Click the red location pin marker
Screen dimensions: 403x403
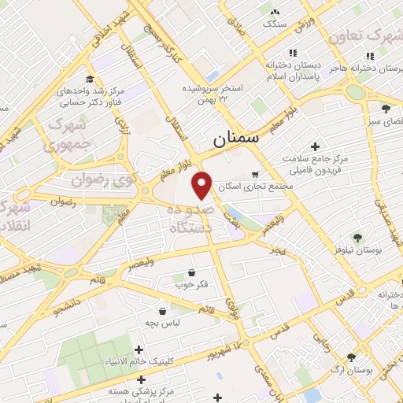[x=203, y=184]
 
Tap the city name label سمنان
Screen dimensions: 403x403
[x=235, y=140]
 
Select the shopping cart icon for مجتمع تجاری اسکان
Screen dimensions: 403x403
[x=254, y=175]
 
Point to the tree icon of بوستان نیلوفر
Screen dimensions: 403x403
[x=357, y=236]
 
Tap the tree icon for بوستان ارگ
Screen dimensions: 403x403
[x=362, y=355]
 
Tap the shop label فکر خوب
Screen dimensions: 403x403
[x=192, y=283]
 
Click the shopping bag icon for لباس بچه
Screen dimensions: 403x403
[x=162, y=310]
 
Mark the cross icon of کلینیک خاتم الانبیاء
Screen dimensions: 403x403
[x=139, y=349]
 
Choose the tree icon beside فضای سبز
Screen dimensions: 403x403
[x=386, y=109]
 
